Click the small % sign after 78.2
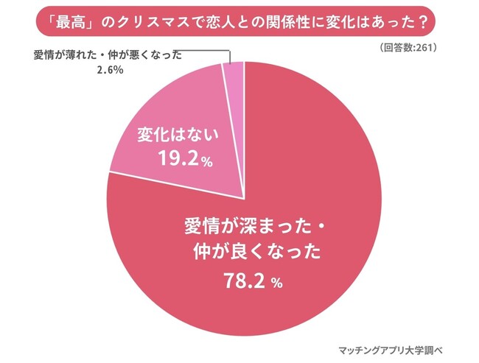tap(277, 283)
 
